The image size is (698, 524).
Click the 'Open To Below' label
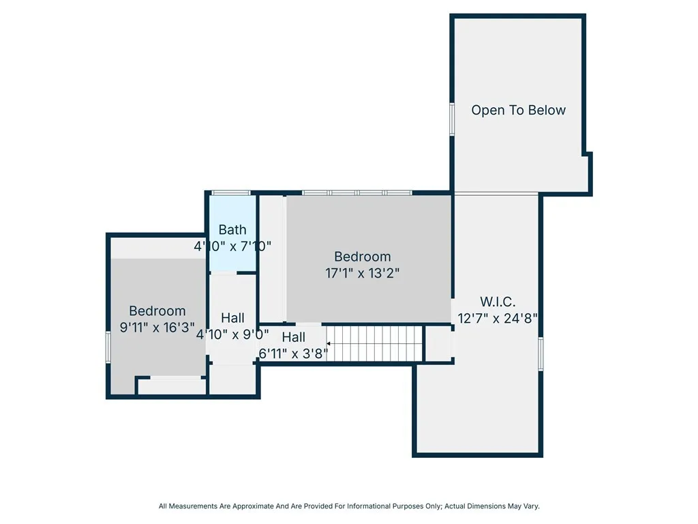coord(518,110)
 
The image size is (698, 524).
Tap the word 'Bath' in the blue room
coord(232,229)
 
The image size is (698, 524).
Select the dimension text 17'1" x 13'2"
coord(363,273)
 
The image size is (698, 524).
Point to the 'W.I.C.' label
coord(498,302)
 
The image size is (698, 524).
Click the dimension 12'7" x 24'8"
coord(498,318)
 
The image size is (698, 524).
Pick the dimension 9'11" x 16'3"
coord(157,327)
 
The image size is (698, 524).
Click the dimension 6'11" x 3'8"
coord(293,353)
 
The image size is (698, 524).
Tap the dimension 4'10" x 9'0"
coord(232,334)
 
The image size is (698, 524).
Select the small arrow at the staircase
coord(328,344)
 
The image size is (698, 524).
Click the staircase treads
coord(375,344)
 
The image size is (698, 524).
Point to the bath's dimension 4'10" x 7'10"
coord(232,246)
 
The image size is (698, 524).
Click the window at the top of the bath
coord(231,193)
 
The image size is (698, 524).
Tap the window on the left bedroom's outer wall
coord(108,347)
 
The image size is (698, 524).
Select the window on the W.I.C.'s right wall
coord(541,354)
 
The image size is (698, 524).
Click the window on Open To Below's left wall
coord(452,119)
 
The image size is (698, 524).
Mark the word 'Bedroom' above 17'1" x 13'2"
coord(363,257)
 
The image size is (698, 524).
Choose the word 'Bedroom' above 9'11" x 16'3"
coord(157,310)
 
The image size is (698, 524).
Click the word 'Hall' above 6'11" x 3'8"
coord(293,337)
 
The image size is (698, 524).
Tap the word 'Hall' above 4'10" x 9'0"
coord(232,318)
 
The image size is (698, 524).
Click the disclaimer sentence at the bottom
coord(349,506)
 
